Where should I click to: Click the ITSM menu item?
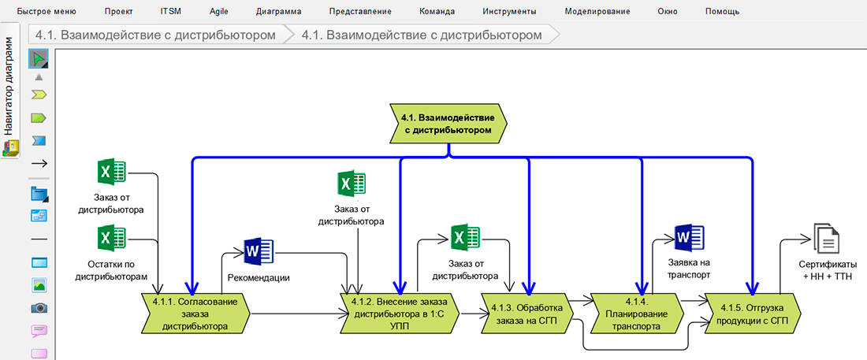pos(170,12)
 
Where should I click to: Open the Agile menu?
pos(219,12)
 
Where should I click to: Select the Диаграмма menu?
pos(278,12)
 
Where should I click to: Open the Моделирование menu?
pos(597,12)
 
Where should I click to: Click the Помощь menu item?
pos(722,12)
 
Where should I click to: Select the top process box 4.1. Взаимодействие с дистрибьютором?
pos(448,123)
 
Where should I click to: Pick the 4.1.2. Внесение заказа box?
pos(398,313)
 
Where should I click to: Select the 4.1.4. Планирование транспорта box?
pos(636,313)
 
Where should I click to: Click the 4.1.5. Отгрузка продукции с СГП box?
pos(754,313)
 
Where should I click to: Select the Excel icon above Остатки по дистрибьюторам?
pos(111,238)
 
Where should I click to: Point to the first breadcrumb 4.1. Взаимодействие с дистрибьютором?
pos(156,35)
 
